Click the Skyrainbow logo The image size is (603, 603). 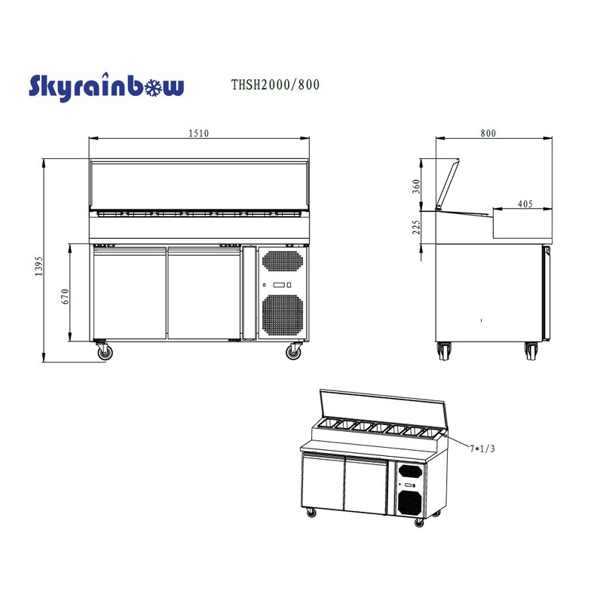(106, 87)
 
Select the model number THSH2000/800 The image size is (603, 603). (274, 85)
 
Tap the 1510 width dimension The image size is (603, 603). (198, 133)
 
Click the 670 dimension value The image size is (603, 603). (66, 296)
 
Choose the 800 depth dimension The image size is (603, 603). (488, 133)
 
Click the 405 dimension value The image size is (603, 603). (526, 204)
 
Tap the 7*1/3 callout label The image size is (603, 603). (483, 448)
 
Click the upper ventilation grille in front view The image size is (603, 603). (283, 261)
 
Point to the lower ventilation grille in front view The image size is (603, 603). (283, 314)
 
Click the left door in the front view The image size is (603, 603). (129, 294)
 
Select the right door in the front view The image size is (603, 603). (204, 294)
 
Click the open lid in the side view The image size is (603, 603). (448, 183)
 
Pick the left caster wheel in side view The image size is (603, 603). (445, 350)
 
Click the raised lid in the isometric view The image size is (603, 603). (384, 407)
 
